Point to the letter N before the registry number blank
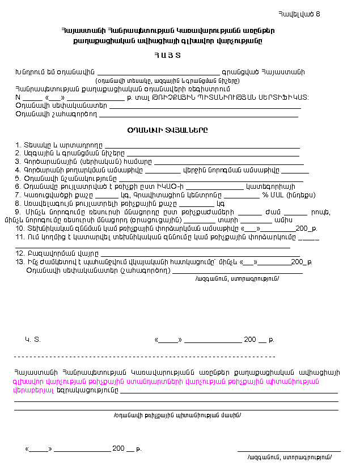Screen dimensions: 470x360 (18, 97)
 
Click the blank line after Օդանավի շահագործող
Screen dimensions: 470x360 (198, 115)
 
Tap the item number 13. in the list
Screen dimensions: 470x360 (20, 262)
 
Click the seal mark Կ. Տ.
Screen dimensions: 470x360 (33, 340)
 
